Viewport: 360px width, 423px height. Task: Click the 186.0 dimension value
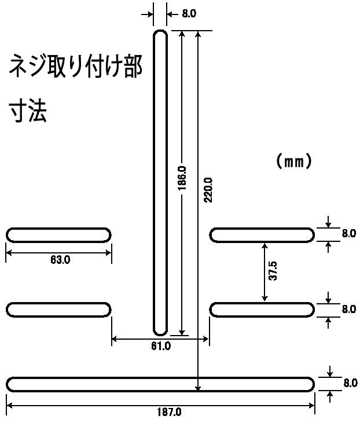click(x=182, y=178)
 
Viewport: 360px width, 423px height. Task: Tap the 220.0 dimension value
click(x=208, y=190)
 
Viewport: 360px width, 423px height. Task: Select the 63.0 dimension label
click(x=60, y=260)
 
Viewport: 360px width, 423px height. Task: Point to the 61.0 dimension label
click(x=161, y=346)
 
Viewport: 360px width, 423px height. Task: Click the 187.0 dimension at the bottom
click(x=169, y=412)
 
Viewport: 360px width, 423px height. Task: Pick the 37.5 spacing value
click(x=273, y=271)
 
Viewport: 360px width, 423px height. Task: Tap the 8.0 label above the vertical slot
click(x=189, y=13)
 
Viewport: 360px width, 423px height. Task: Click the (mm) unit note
click(x=294, y=161)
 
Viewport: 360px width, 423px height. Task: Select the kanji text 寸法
click(x=28, y=111)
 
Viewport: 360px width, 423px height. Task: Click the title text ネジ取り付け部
click(x=76, y=66)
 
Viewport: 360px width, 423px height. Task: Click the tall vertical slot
click(x=160, y=183)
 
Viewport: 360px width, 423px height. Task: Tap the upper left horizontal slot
click(x=58, y=236)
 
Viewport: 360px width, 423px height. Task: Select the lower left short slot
click(x=58, y=310)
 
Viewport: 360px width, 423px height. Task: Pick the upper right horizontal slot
click(x=262, y=236)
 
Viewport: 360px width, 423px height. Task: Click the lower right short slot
click(x=262, y=310)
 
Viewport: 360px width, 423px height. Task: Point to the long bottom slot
click(x=160, y=384)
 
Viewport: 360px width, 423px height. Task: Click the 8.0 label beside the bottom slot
click(x=351, y=383)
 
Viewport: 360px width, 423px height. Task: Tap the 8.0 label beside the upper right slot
click(x=349, y=233)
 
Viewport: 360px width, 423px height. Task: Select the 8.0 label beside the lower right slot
click(x=349, y=309)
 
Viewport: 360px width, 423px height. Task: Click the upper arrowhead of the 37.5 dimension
click(x=265, y=245)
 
